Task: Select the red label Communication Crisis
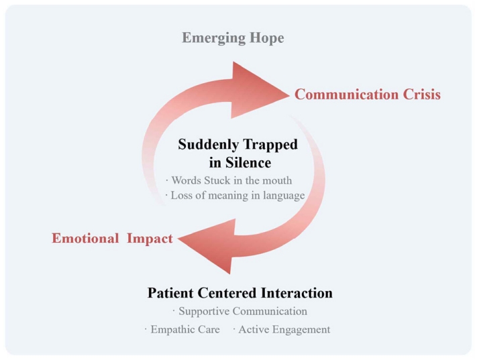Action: [x=368, y=95]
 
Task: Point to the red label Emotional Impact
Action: [x=112, y=239]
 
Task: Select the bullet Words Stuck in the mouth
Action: [x=228, y=180]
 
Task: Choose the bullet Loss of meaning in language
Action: [x=235, y=196]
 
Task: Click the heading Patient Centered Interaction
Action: [x=240, y=293]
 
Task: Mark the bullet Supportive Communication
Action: [x=240, y=312]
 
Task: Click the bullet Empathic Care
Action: [x=182, y=329]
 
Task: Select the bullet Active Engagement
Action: [x=282, y=329]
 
